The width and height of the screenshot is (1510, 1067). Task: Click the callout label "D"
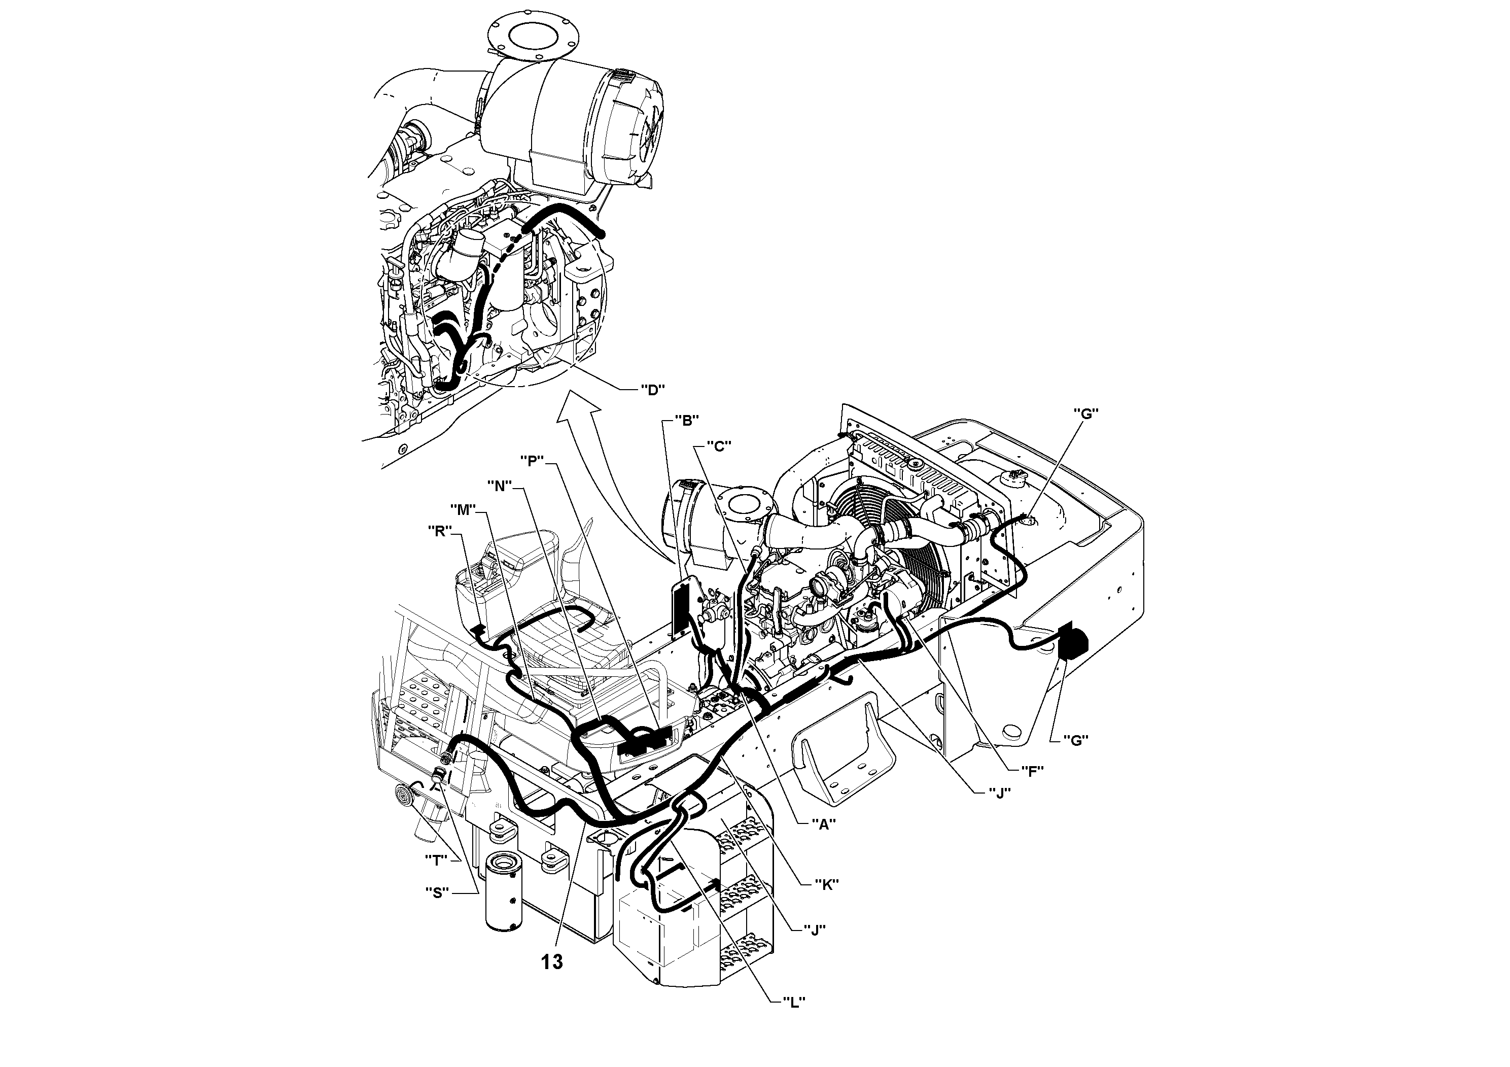point(652,390)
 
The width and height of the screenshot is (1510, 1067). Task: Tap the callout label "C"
point(718,446)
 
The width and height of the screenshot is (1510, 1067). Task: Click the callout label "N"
point(500,486)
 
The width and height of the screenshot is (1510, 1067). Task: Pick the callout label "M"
point(463,510)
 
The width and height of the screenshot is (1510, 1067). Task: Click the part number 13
point(552,962)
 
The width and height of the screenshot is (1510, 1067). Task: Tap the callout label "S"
point(436,892)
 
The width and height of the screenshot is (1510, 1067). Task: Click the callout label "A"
point(822,822)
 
